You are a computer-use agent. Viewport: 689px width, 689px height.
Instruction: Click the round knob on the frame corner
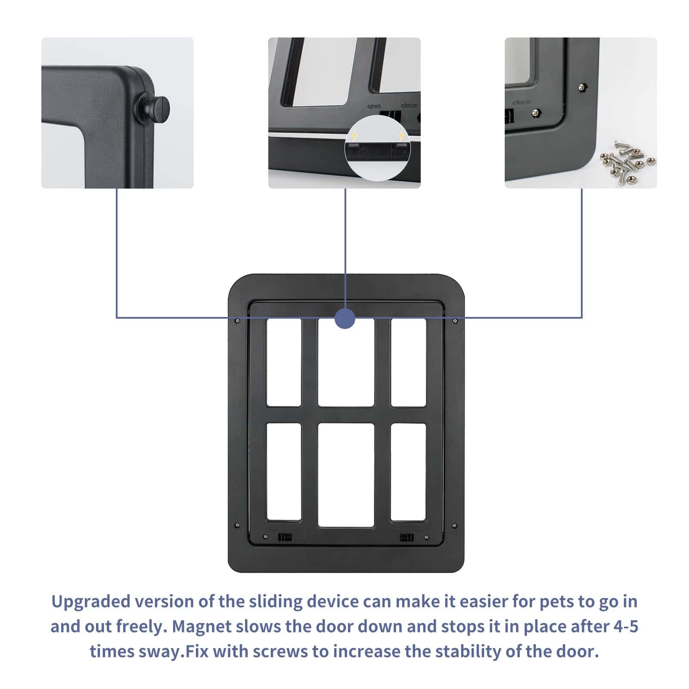(x=153, y=108)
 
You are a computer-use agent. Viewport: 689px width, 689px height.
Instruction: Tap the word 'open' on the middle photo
(x=374, y=106)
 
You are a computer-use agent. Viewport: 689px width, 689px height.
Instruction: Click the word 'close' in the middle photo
(x=409, y=105)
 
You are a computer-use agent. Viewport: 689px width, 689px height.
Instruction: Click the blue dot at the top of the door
(x=345, y=319)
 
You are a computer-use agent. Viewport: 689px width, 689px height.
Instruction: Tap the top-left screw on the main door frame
(x=237, y=320)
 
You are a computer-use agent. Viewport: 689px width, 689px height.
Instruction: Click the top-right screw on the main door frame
(x=455, y=320)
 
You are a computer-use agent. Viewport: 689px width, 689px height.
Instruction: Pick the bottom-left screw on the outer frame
(x=237, y=525)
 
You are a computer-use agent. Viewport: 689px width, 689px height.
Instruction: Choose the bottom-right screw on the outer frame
(x=455, y=525)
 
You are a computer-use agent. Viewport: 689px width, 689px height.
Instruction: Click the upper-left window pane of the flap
(x=284, y=362)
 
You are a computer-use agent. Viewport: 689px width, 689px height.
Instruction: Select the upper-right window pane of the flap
(x=408, y=362)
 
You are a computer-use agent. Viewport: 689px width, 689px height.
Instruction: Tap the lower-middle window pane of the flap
(x=346, y=475)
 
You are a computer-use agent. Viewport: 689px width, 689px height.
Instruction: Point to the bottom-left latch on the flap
(x=285, y=537)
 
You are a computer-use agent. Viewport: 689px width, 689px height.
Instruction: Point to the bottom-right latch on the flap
(x=407, y=537)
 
